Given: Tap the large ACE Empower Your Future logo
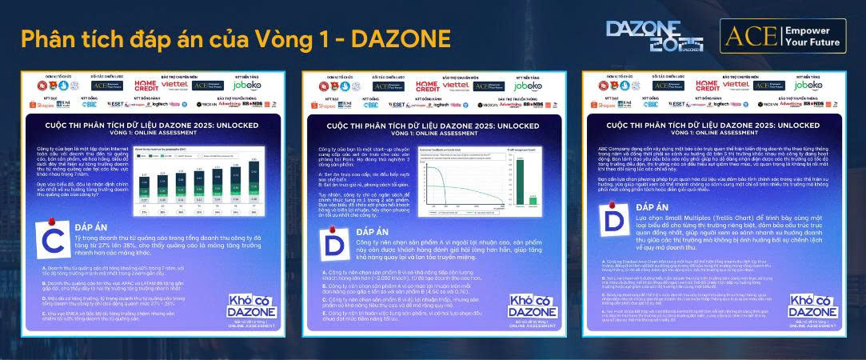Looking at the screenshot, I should pos(781,36).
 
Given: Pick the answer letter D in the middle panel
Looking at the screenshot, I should pos(329,246).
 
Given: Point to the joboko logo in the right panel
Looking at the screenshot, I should pos(807,85).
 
